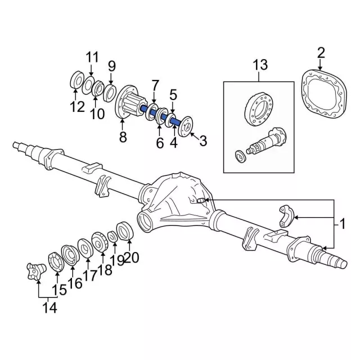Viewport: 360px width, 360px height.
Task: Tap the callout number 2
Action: coord(321,53)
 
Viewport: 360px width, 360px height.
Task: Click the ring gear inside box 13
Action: coord(259,108)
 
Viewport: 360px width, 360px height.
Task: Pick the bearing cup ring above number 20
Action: coord(125,231)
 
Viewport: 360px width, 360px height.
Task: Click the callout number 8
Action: coord(123,137)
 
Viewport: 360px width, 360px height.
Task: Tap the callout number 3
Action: coord(203,139)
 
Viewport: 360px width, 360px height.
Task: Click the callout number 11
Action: coord(92,57)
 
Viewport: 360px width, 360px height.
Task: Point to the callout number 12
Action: coord(77,106)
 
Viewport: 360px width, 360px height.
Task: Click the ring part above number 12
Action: coord(75,80)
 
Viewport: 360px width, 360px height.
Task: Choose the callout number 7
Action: coord(155,85)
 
